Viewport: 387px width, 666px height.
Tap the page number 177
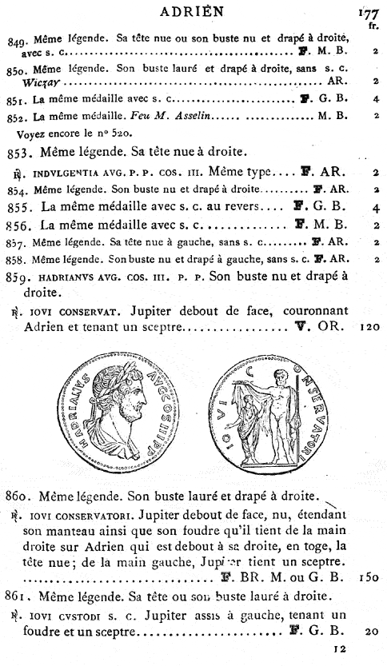(x=369, y=13)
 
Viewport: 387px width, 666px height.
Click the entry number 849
(x=15, y=38)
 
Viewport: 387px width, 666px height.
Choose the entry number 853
(x=18, y=152)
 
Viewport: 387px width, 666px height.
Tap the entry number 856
(x=18, y=225)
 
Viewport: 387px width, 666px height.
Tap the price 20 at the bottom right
(x=372, y=632)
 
